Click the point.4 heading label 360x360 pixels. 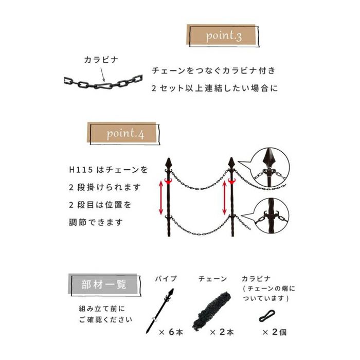pyautogui.click(x=125, y=134)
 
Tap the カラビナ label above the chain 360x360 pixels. pyautogui.click(x=101, y=60)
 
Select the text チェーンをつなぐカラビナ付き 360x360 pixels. pyautogui.click(x=213, y=69)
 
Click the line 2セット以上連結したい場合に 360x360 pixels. pyautogui.click(x=214, y=88)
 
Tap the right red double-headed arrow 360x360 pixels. pyautogui.click(x=224, y=197)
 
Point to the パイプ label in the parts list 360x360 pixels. pyautogui.click(x=166, y=279)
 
